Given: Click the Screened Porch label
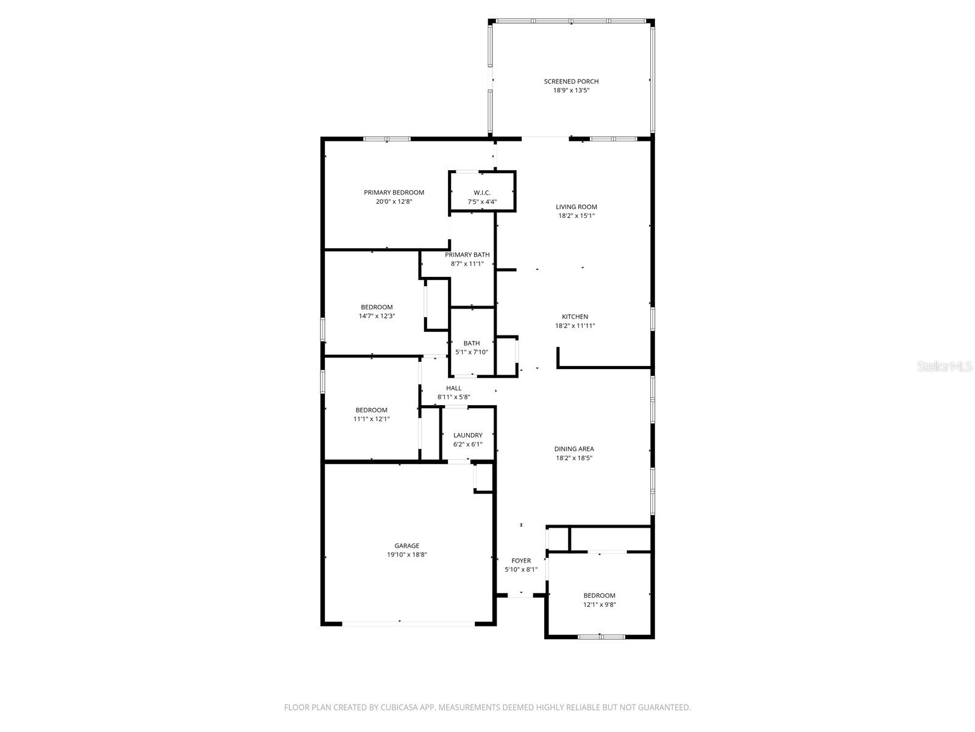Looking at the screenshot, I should tap(571, 81).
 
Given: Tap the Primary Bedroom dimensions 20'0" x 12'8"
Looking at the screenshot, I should tap(394, 201).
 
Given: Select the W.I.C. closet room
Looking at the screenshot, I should tap(482, 197).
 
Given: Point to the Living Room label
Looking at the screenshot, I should tap(576, 207).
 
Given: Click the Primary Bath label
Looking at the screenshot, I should tap(467, 255).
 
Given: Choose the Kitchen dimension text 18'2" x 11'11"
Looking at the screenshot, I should tap(575, 326).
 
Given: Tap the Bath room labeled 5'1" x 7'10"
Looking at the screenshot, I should tap(472, 348).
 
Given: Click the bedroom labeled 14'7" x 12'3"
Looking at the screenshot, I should tap(377, 311).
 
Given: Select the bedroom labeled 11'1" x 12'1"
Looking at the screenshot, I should tap(371, 414).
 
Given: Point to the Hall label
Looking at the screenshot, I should tap(453, 388).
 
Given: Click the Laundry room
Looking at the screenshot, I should tap(467, 439).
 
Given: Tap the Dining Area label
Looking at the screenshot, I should tap(573, 449).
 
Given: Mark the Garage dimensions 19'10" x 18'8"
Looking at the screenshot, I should tap(406, 555).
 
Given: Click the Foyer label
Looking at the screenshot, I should tap(520, 561).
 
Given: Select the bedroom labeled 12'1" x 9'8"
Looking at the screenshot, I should tap(599, 600).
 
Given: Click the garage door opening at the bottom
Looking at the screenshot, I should tap(408, 623).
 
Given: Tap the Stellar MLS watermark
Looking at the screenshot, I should tap(945, 367).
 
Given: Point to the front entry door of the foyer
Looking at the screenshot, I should tap(521, 596).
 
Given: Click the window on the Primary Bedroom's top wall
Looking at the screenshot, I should tap(386, 139).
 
